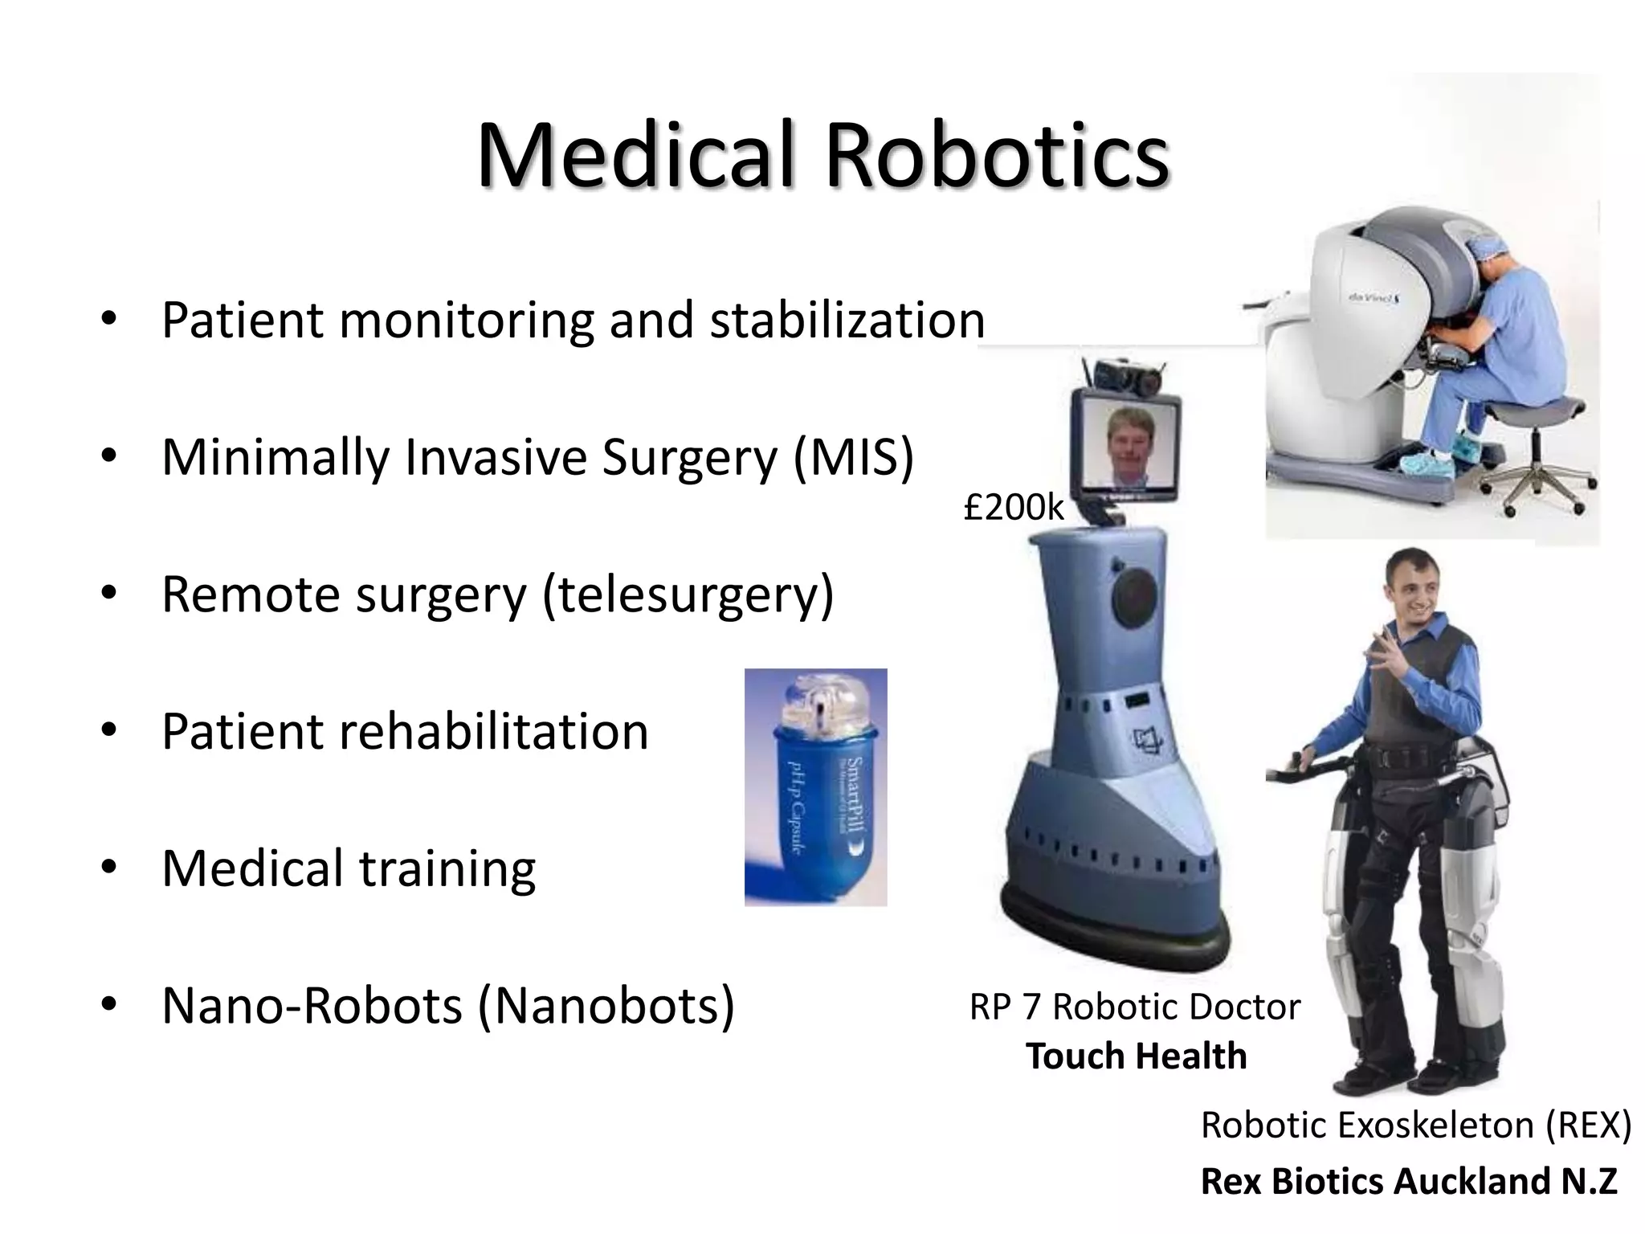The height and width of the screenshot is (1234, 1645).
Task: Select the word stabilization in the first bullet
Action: click(847, 320)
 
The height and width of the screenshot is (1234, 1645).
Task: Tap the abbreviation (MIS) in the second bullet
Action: click(853, 457)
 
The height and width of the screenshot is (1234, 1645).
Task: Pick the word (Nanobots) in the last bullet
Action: click(606, 1006)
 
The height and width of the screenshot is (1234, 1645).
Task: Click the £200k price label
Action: click(1014, 507)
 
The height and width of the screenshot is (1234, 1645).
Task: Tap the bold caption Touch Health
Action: click(1136, 1056)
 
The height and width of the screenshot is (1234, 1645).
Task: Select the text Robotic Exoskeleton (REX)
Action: click(1415, 1125)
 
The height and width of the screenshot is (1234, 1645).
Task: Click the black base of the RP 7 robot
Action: click(1116, 936)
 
